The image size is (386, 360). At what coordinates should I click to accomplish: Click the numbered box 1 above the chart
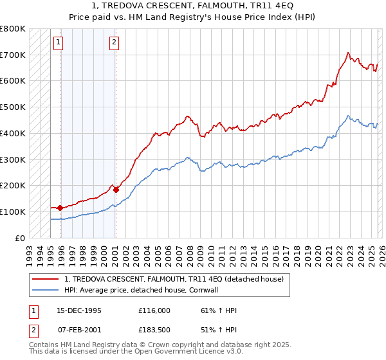[58, 43]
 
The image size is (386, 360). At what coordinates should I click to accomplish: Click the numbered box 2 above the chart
[114, 43]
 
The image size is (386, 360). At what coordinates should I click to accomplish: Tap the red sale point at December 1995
[60, 208]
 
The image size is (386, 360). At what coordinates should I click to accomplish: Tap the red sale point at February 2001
[116, 190]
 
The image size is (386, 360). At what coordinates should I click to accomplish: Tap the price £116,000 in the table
[154, 310]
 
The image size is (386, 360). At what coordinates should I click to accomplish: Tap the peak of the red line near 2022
[347, 53]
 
